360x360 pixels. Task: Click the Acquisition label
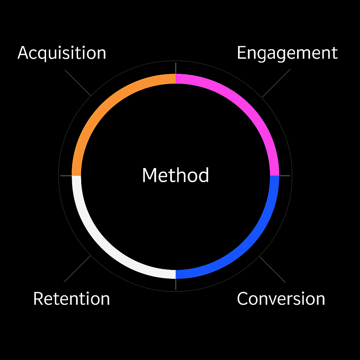(x=62, y=53)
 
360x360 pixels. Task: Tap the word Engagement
(x=287, y=53)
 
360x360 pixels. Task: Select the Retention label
(x=71, y=299)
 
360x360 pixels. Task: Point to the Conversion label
(x=281, y=299)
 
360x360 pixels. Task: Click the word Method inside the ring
(x=175, y=175)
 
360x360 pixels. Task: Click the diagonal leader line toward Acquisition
(x=78, y=82)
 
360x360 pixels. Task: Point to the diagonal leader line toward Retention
(x=77, y=269)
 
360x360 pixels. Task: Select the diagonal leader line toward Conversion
(x=272, y=269)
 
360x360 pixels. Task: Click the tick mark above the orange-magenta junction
(x=175, y=68)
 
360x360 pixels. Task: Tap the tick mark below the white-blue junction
(x=175, y=284)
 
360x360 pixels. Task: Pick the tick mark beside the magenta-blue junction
(x=285, y=175)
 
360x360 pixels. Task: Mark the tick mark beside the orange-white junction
(x=66, y=175)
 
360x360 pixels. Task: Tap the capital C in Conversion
(x=243, y=299)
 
